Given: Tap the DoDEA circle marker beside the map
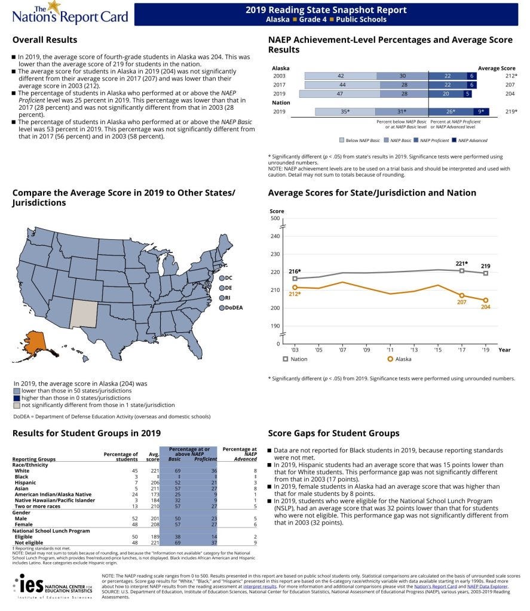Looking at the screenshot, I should click(222, 308).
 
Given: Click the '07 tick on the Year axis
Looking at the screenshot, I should click(343, 350).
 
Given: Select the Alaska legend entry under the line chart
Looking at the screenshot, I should click(400, 359).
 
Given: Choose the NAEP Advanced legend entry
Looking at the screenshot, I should click(469, 140).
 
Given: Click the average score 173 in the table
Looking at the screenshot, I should click(154, 493).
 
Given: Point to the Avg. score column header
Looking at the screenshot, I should click(152, 457).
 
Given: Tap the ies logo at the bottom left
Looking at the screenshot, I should click(30, 584).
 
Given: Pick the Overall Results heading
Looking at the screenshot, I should click(45, 40).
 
